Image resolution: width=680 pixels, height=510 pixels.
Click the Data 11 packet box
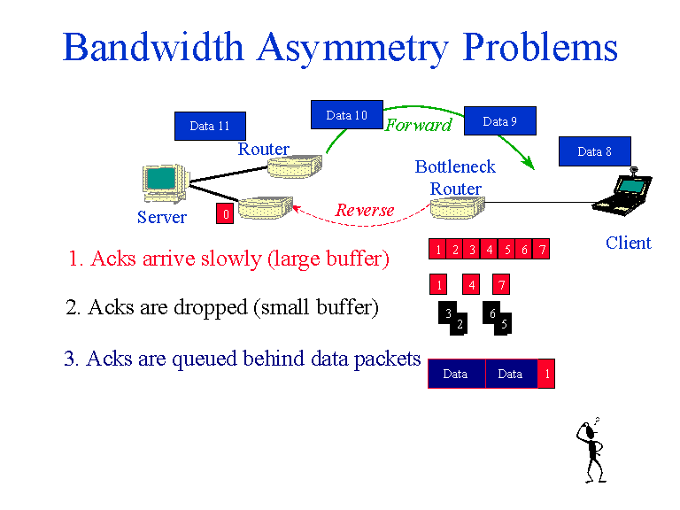(210, 126)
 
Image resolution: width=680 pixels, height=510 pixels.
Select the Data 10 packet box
(346, 115)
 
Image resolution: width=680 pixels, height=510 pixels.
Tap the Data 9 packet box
(499, 121)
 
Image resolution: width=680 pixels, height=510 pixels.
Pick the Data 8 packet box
(594, 151)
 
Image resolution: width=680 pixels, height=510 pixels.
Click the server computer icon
(163, 182)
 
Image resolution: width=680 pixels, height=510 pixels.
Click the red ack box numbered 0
(226, 213)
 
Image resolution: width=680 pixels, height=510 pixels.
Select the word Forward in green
(418, 125)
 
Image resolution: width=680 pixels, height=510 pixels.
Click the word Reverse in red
(365, 210)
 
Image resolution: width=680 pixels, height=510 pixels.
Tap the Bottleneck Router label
(455, 177)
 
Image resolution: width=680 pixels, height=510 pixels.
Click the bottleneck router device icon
(457, 208)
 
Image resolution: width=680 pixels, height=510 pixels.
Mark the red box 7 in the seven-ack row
(542, 251)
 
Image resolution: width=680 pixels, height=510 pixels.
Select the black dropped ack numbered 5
(504, 324)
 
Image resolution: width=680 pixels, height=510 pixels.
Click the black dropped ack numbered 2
(459, 325)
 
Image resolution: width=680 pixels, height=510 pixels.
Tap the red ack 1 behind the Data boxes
(547, 374)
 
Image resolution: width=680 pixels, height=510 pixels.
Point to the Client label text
(628, 243)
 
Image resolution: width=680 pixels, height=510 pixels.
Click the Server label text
(162, 217)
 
